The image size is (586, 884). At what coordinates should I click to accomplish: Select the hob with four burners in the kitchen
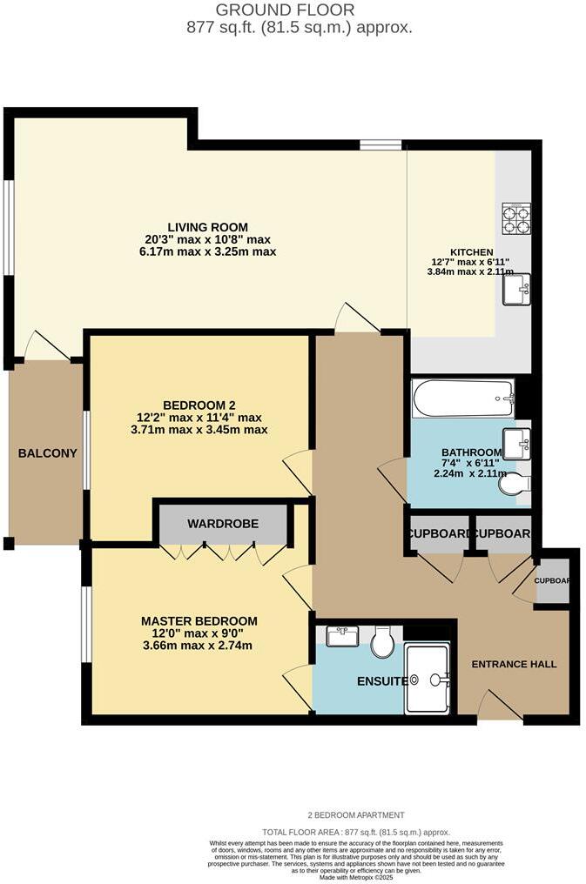[516, 218]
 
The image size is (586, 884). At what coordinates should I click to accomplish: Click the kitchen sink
[516, 290]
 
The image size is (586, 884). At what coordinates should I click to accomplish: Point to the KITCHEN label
[472, 252]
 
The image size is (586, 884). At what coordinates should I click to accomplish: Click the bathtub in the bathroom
[463, 398]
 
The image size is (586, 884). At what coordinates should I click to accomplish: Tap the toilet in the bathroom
[513, 483]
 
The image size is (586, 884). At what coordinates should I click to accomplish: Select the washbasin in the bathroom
[516, 443]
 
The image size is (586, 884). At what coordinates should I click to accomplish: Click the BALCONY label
[48, 453]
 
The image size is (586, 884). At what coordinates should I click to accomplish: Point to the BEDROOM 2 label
[199, 405]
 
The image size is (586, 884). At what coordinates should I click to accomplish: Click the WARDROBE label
[222, 524]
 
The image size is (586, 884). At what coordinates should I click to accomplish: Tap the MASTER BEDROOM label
[199, 621]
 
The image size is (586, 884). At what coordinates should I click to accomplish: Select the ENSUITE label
[381, 681]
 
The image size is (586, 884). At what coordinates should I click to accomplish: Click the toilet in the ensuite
[381, 643]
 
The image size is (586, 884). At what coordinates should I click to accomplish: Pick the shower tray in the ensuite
[428, 679]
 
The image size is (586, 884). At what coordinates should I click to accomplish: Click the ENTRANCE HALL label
[514, 664]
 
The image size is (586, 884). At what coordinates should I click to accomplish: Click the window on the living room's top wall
[381, 144]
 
